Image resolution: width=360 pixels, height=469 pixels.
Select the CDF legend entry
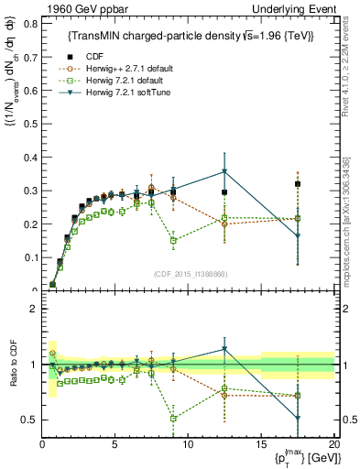pyautogui.click(x=94, y=55)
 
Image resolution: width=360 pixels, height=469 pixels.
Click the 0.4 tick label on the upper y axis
pyautogui.click(x=27, y=157)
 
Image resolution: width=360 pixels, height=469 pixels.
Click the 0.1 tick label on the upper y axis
pyautogui.click(x=27, y=257)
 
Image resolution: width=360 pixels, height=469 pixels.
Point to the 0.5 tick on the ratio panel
pyautogui.click(x=27, y=420)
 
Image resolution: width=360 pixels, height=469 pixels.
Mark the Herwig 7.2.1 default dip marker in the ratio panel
pyautogui.click(x=174, y=418)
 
